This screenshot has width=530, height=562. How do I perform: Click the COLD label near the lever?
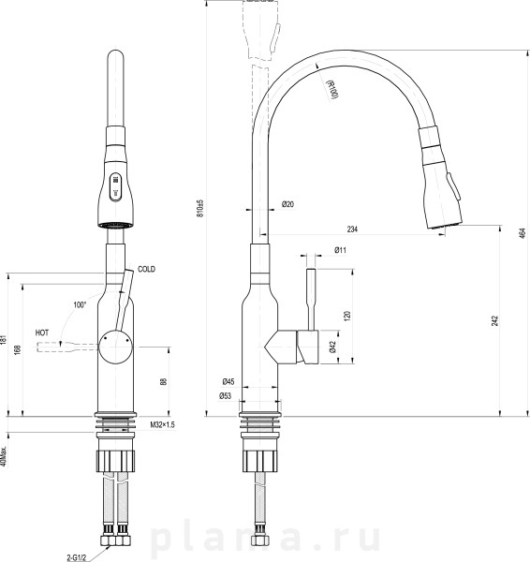pos(147,269)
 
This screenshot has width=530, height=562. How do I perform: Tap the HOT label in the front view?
pos(42,333)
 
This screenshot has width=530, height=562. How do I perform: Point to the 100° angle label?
pos(80,305)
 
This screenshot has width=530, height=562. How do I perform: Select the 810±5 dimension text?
pos(200,208)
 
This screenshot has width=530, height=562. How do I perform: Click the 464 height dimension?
pos(523,233)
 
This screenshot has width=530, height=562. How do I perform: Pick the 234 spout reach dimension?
pos(352,229)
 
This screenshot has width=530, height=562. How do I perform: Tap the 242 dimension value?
pos(494,320)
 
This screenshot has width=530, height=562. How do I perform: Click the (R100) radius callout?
pos(332,89)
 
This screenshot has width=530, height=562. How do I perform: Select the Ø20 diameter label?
pos(287,204)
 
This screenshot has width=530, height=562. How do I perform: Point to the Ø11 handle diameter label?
pos(341,250)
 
